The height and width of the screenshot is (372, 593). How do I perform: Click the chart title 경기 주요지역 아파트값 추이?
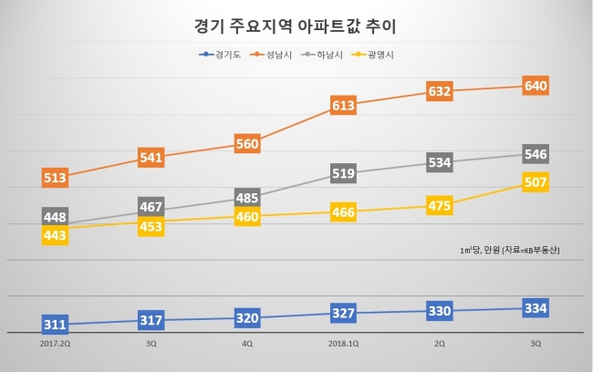click(295, 26)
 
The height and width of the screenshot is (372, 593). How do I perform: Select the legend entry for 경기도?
click(220, 55)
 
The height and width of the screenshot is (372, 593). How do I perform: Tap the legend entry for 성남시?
click(271, 55)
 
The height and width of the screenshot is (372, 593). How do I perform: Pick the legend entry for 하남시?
click(322, 55)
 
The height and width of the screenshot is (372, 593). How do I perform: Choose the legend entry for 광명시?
click(372, 55)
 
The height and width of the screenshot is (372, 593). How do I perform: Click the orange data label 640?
click(536, 86)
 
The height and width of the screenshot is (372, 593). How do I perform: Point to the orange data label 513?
click(56, 178)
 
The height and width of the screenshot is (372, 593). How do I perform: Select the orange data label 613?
click(343, 105)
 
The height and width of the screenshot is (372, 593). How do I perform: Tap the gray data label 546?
click(536, 154)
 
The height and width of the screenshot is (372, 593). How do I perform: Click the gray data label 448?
click(56, 216)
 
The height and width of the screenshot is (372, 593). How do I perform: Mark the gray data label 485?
click(247, 197)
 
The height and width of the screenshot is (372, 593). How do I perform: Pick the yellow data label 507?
click(536, 182)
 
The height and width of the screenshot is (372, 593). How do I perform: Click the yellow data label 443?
click(56, 235)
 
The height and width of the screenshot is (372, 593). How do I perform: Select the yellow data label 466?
click(343, 212)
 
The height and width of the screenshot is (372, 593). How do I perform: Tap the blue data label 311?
click(56, 325)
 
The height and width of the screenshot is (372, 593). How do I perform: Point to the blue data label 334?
click(536, 308)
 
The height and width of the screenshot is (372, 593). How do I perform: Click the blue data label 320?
click(247, 318)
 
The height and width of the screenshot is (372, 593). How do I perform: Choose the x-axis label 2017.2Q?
click(56, 344)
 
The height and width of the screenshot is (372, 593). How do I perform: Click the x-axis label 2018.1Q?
click(343, 344)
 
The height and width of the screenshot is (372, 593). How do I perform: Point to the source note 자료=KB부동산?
click(531, 250)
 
